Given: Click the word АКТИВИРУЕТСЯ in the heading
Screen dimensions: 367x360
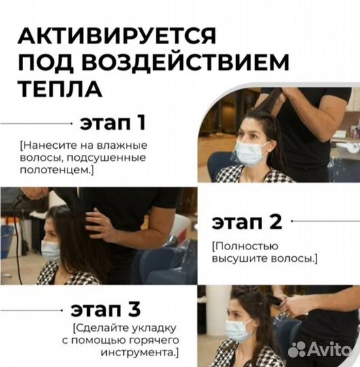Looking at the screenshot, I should click(x=117, y=35).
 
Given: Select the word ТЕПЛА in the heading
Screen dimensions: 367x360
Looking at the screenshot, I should click(x=61, y=89).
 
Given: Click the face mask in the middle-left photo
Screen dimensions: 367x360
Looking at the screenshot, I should click(x=51, y=250).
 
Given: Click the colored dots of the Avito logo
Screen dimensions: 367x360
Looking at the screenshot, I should click(x=297, y=349).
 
